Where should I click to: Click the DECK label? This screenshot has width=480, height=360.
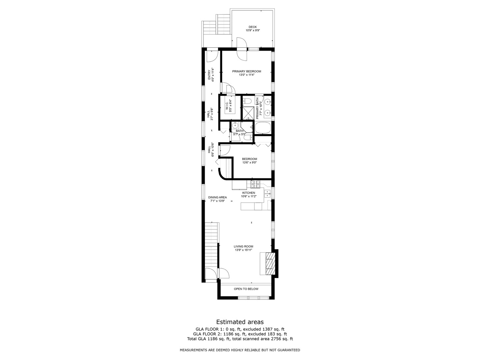[x=253, y=27]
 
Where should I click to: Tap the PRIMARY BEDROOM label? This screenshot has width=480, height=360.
[x=247, y=71]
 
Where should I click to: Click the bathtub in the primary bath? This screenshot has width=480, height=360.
[x=263, y=128]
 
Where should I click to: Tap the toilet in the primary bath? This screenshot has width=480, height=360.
[x=247, y=101]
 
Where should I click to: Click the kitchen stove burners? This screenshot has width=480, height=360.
[x=255, y=183]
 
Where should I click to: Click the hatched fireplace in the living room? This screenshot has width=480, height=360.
[x=269, y=263]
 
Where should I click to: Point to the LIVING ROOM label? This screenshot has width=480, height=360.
[x=243, y=247]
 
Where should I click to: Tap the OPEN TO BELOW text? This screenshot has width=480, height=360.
[x=246, y=289]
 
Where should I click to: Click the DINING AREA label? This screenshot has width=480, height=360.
[x=217, y=197]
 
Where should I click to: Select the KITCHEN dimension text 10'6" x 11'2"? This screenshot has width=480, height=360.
[x=249, y=196]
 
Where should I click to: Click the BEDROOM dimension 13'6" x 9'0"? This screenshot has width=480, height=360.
[x=249, y=163]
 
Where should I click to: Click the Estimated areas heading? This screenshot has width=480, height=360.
[x=240, y=322]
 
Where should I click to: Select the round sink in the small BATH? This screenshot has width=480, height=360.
[x=235, y=126]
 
